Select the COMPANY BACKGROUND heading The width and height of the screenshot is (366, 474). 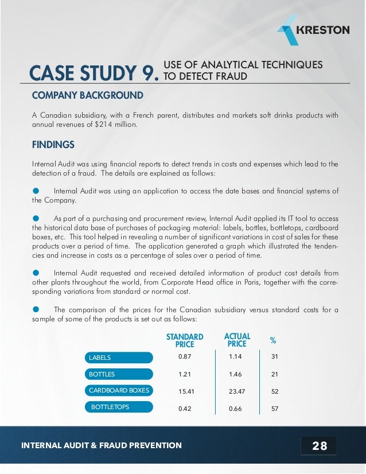[x=87, y=94]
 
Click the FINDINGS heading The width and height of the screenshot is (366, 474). [x=53, y=144]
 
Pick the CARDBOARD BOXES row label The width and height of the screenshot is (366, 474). [x=119, y=391]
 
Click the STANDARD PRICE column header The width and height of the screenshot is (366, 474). [x=185, y=340]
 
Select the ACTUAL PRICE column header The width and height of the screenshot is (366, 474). [x=237, y=340]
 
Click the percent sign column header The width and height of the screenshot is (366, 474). [x=273, y=341]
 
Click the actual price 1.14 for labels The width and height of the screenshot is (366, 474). [x=236, y=358]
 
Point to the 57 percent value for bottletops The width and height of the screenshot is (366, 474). [x=274, y=409]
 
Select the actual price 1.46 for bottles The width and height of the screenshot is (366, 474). [x=236, y=375]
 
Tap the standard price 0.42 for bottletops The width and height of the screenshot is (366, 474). [x=185, y=409]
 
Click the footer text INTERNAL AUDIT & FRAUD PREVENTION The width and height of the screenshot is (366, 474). [x=101, y=445]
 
